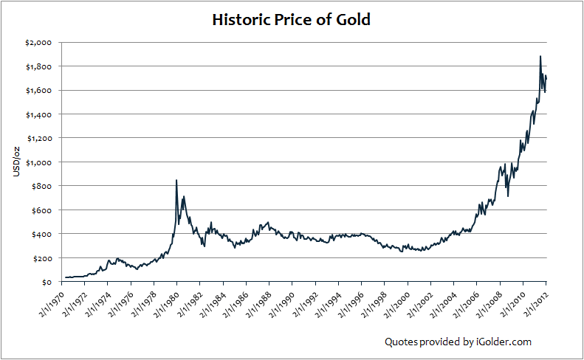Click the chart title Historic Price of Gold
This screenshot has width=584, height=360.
(x=291, y=20)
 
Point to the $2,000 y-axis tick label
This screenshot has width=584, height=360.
(x=38, y=43)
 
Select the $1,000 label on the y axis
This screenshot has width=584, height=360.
(x=38, y=162)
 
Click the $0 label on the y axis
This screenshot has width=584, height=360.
(x=46, y=282)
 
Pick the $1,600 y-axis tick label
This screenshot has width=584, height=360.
(x=38, y=91)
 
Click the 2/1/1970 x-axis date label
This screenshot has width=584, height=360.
(x=52, y=302)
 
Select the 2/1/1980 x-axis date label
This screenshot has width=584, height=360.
(x=168, y=302)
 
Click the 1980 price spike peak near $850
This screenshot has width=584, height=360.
(x=176, y=180)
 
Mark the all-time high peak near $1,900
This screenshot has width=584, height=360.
(x=540, y=57)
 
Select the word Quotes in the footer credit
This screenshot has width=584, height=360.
(x=399, y=342)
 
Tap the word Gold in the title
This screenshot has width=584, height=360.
(x=352, y=20)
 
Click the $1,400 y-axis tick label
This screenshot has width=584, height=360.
(x=38, y=114)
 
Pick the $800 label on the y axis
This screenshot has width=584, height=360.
(x=41, y=186)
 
